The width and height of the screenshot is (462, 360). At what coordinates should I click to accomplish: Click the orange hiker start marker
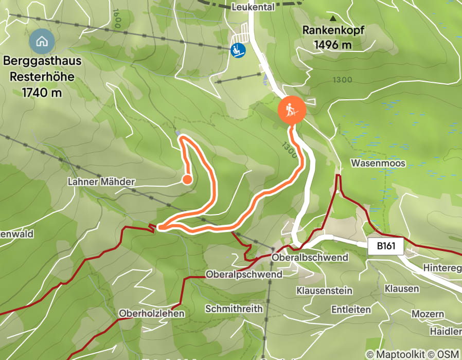pos(292,110)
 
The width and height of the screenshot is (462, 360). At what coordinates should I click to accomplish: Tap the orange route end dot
pos(187,179)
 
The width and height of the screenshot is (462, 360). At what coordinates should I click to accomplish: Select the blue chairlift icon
pos(237,50)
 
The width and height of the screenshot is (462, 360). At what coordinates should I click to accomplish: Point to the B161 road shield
pos(386,246)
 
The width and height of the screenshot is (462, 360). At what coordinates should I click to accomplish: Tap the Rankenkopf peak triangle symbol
pos(333,19)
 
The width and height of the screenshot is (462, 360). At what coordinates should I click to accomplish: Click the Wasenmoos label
pos(378,163)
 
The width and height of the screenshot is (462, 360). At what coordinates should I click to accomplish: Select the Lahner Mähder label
pos(101,182)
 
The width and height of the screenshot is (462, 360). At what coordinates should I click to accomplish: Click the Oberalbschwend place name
pos(310,257)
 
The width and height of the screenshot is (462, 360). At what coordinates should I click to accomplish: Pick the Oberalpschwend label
pos(244,275)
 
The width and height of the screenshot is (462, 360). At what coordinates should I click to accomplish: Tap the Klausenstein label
pos(324,291)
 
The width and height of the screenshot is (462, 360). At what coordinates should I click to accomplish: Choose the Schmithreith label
pos(234,309)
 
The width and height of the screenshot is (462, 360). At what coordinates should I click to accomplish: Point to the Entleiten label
pos(351,310)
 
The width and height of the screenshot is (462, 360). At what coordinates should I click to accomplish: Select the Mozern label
pos(428,314)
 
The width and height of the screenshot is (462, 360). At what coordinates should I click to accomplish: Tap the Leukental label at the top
pos(253,7)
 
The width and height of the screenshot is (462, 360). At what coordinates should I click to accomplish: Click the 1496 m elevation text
pos(333,45)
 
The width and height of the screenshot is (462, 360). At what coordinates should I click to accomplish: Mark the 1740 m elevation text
pos(42,93)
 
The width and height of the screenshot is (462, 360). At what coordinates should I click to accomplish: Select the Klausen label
pos(402,289)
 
